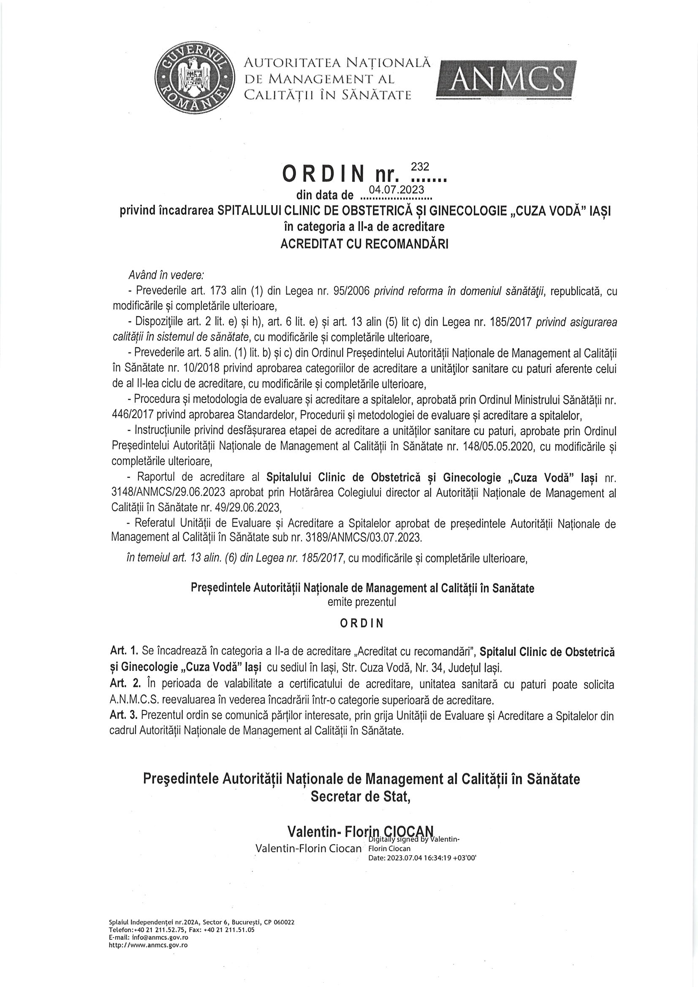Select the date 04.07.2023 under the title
point(397,189)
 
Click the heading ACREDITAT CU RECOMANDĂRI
point(364,244)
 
